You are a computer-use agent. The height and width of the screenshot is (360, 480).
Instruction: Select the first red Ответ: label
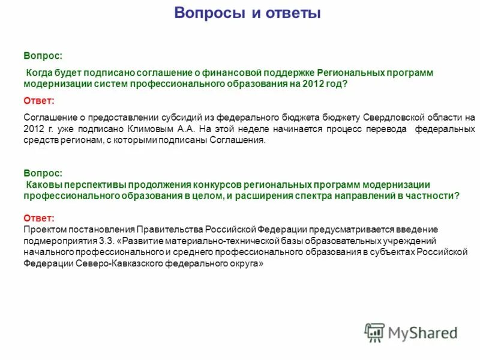39,100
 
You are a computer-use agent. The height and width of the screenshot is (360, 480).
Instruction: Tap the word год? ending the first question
335,85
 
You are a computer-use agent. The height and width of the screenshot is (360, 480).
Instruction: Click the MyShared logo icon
374,332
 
